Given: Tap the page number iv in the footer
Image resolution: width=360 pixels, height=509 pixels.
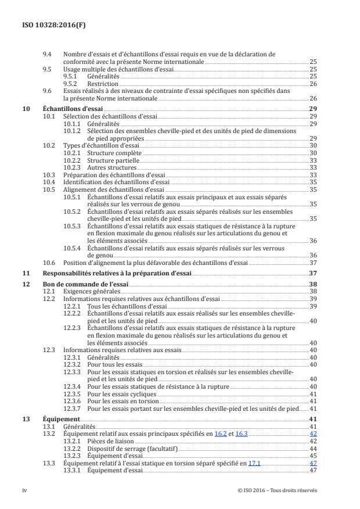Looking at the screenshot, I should click(24, 490).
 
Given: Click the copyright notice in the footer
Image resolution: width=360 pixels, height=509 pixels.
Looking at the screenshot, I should click(277, 490).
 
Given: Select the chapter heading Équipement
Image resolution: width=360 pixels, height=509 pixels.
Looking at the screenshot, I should click(61, 419).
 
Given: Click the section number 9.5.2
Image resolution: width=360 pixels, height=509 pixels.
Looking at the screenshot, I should click(71, 83).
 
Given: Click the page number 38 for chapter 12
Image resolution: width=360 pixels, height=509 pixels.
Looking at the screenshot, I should click(312, 284).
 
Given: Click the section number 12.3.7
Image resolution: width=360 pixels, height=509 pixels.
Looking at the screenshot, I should click(73, 408).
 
